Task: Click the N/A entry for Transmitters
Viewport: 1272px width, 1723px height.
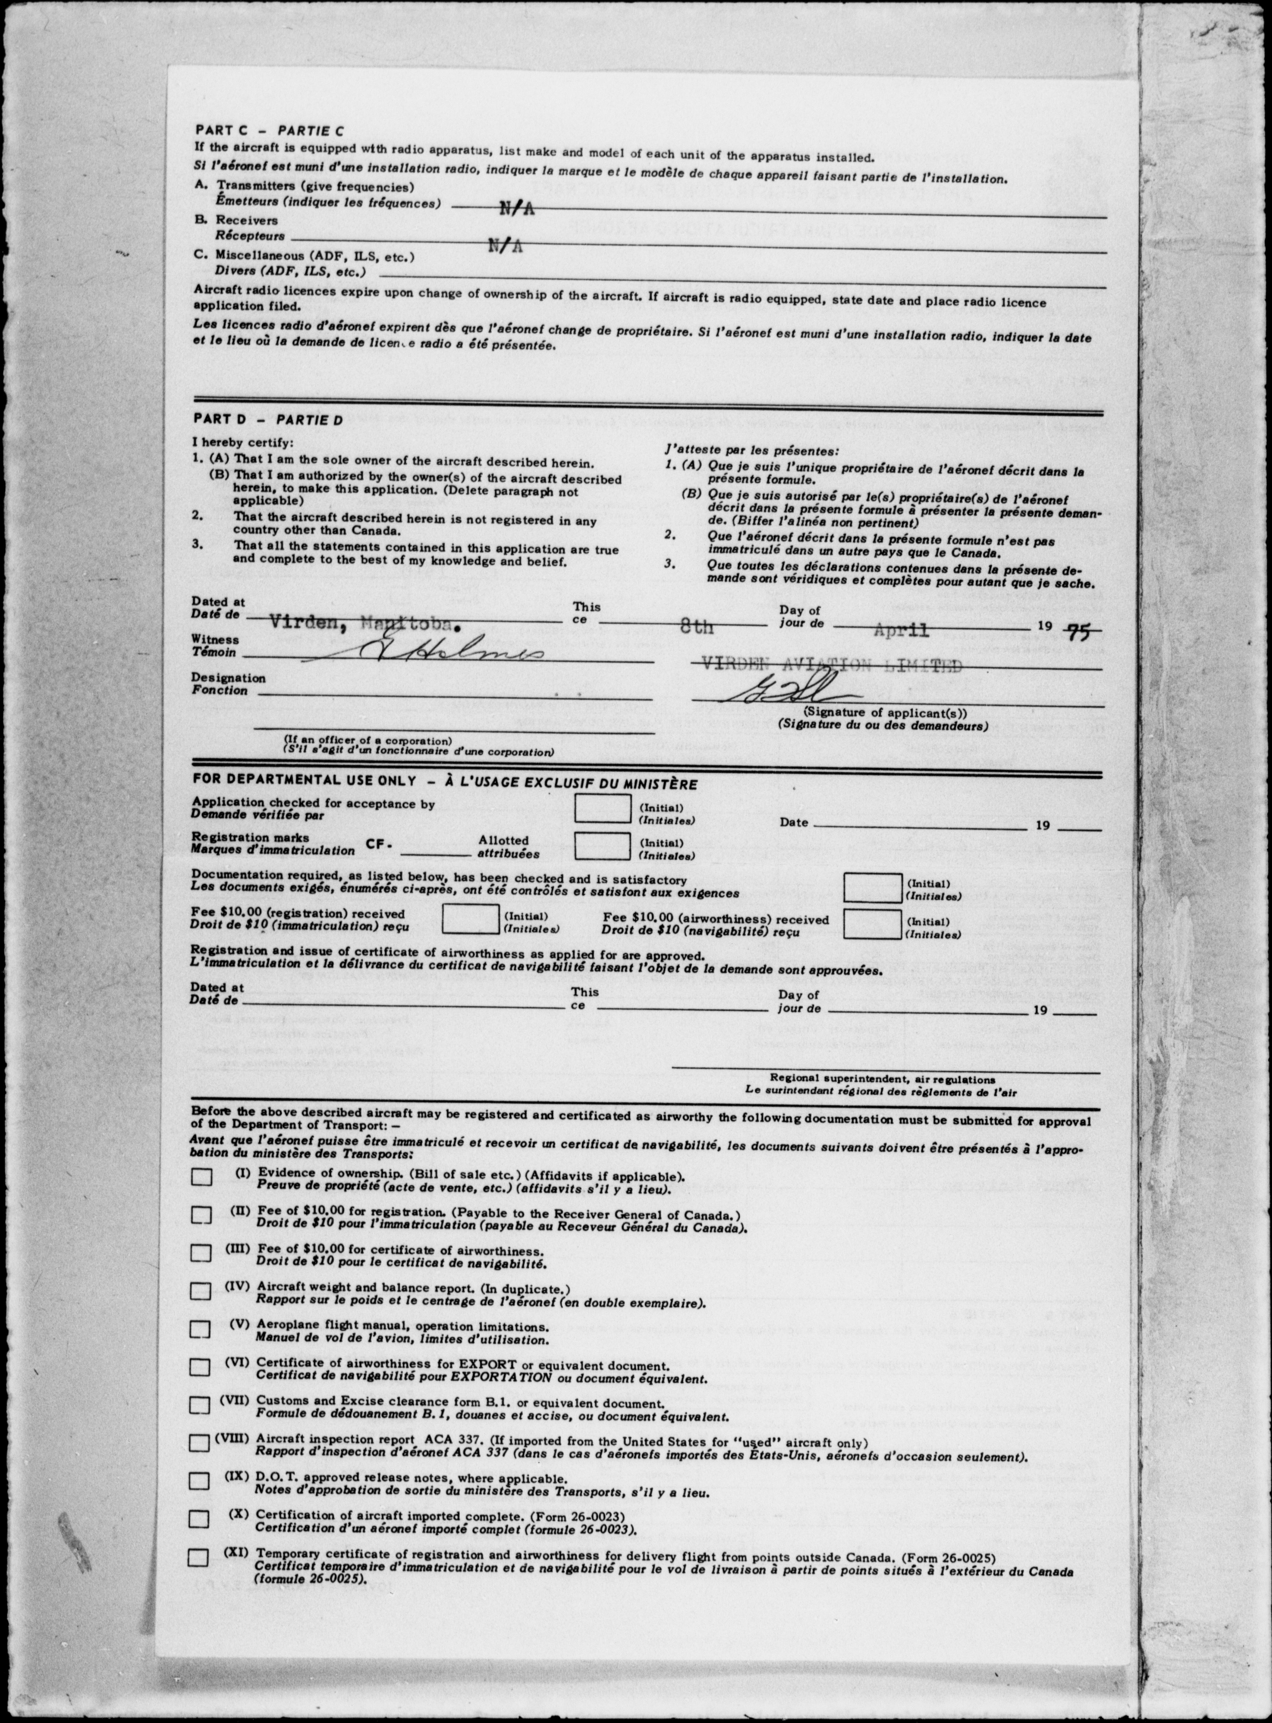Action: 517,209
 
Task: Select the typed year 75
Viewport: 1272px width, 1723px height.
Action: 1081,631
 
